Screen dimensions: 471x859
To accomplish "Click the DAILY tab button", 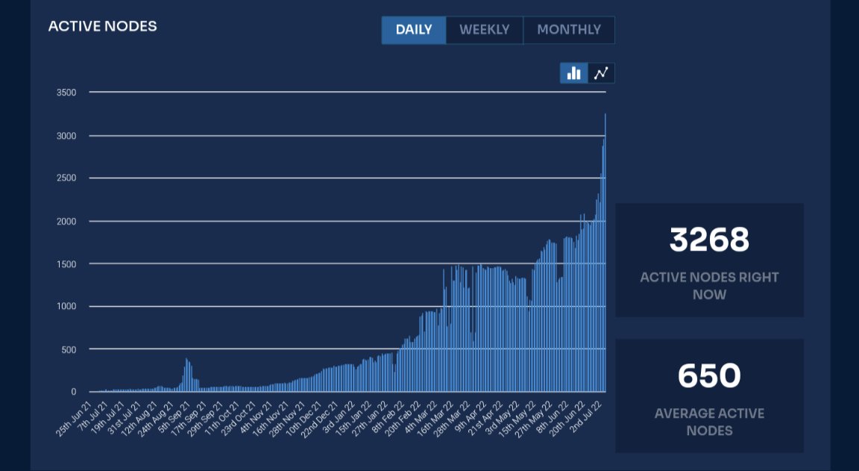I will coord(414,30).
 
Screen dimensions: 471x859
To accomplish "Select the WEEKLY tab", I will coord(484,30).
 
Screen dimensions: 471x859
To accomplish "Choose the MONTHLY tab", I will coord(568,30).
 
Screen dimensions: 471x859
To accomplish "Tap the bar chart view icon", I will coord(573,73).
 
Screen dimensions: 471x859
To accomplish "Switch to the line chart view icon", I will coord(601,73).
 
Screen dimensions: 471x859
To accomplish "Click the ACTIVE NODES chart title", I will coord(102,26).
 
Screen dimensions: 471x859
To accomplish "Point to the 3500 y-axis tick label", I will coord(66,93).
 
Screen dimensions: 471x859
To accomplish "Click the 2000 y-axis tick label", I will coord(66,221).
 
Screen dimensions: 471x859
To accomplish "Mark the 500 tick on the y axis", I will coord(69,349).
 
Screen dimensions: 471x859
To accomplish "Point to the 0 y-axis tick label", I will coord(73,392).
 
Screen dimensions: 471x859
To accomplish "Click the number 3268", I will coord(708,240).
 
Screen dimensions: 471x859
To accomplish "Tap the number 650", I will coord(708,375).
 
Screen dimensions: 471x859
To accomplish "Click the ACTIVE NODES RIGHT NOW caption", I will coord(708,286).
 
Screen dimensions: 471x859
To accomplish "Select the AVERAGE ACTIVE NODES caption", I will coord(708,422).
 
